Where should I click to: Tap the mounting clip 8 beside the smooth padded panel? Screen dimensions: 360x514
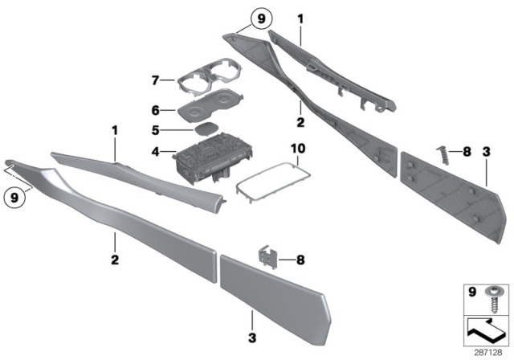268,259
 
